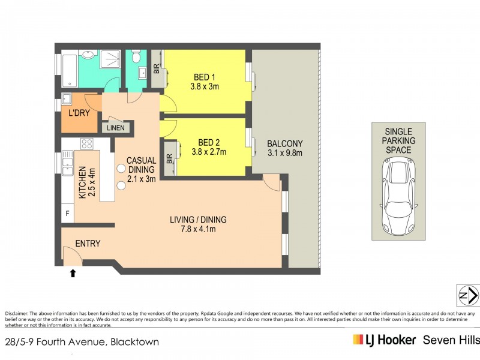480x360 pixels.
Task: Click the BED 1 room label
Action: click(205, 77)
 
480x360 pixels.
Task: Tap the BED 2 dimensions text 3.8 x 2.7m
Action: click(205, 152)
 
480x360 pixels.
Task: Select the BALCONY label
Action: click(284, 144)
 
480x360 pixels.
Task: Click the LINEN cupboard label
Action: click(116, 128)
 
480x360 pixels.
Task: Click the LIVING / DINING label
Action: click(197, 220)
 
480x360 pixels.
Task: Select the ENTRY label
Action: click(88, 244)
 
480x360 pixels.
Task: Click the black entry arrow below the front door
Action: click(73, 274)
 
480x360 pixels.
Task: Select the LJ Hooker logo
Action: click(384, 340)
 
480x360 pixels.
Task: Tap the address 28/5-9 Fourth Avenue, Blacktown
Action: click(82, 342)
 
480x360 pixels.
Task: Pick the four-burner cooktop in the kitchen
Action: click(87, 143)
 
